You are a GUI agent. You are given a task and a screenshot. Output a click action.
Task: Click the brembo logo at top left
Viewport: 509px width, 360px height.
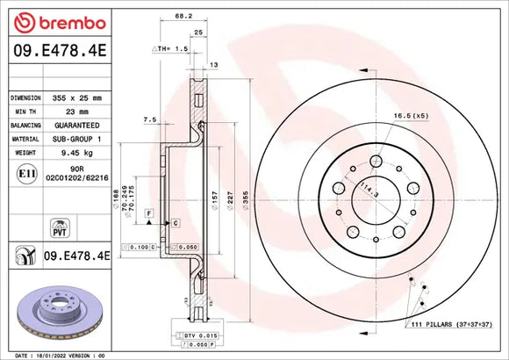(56, 22)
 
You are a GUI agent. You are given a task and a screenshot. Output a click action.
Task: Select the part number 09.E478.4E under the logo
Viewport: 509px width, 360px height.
(56, 52)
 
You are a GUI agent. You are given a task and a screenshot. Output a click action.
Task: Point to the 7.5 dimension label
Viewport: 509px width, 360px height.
(150, 119)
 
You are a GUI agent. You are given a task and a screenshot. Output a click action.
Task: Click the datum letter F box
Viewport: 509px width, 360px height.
(150, 213)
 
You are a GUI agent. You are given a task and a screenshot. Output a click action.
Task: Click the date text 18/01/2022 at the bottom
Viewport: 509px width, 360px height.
(50, 354)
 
